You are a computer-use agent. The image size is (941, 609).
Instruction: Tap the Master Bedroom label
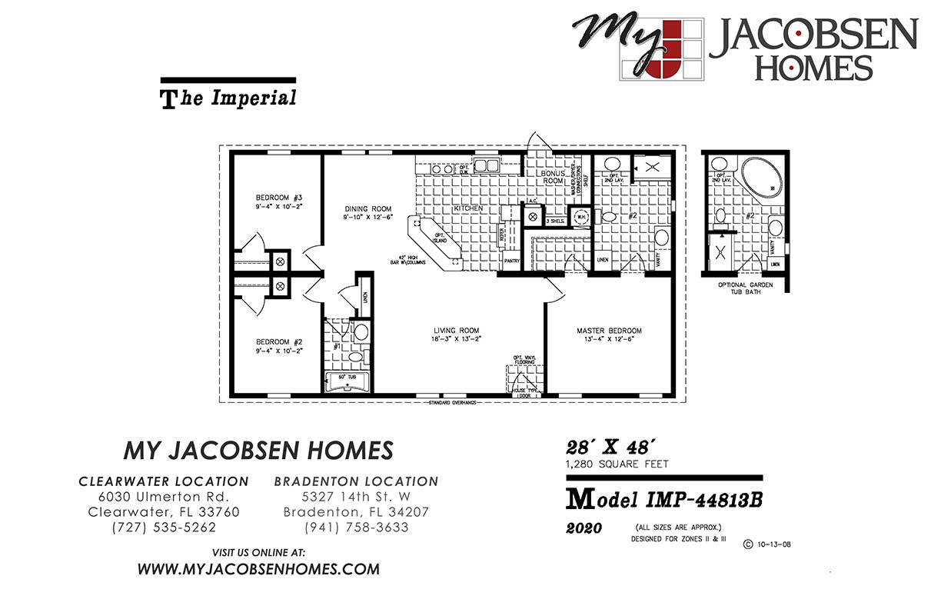click(x=609, y=331)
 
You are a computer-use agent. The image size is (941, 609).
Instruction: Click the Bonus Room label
click(x=552, y=178)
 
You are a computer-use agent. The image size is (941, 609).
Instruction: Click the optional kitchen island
click(x=437, y=242)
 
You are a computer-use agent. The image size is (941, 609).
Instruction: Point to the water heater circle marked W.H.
click(x=581, y=216)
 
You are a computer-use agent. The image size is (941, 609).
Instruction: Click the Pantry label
click(x=512, y=261)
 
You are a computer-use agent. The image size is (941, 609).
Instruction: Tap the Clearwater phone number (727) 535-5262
click(x=164, y=527)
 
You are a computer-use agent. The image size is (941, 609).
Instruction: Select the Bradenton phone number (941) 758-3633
click(x=356, y=527)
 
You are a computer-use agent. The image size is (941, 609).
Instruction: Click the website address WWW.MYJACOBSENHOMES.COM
click(x=258, y=570)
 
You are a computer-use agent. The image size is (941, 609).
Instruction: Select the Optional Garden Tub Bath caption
click(x=745, y=288)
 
